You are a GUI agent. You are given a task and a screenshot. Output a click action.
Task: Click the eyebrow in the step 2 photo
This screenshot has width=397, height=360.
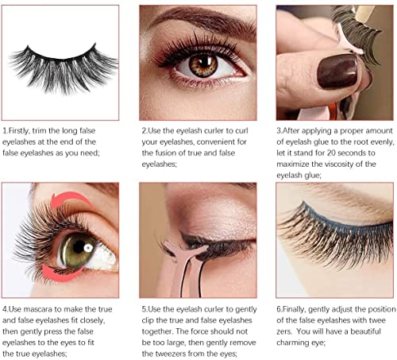click(x=198, y=20)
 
